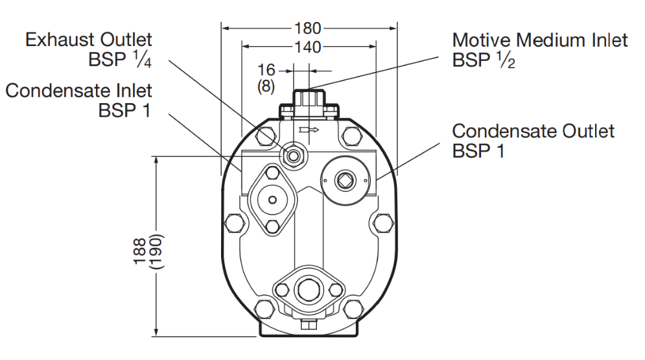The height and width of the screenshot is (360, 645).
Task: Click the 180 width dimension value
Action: click(x=309, y=28)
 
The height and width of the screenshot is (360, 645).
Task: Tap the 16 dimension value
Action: click(x=266, y=70)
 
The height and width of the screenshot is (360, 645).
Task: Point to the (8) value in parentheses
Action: click(x=266, y=86)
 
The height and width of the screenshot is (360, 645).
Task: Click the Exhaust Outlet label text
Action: click(x=89, y=40)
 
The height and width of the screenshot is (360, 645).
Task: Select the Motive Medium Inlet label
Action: click(x=540, y=40)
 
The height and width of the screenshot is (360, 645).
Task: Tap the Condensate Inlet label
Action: click(x=79, y=90)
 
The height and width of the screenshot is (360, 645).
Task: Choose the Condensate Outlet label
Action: click(x=533, y=131)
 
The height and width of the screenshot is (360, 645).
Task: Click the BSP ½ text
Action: click(x=484, y=61)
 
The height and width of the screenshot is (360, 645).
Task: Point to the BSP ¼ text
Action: click(x=119, y=60)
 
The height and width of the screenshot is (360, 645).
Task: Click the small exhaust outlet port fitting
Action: click(x=296, y=154)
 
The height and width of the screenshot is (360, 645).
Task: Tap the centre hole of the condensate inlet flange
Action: click(x=272, y=199)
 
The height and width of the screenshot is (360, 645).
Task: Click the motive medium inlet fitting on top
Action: click(x=309, y=101)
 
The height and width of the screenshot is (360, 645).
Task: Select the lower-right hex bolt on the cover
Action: click(x=353, y=308)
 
